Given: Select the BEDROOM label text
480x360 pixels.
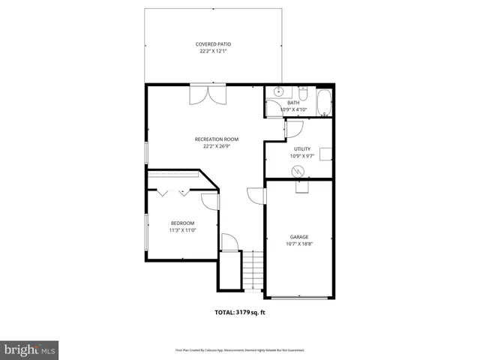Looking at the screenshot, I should click(x=182, y=223).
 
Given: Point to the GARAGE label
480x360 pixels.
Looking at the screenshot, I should click(x=299, y=236).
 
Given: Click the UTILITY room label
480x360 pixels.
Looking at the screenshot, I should click(x=302, y=149).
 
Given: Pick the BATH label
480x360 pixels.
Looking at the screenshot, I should click(x=293, y=103).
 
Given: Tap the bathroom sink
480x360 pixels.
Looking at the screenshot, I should click(x=277, y=92).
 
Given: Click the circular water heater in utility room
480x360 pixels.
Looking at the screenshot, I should click(x=298, y=172).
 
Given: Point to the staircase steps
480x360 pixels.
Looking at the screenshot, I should click(x=254, y=271).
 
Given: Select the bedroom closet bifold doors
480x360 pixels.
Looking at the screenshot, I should click(x=172, y=193).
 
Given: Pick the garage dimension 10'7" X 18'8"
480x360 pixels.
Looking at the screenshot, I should click(x=299, y=244).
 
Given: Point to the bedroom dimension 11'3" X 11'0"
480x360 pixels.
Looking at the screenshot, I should click(x=182, y=230).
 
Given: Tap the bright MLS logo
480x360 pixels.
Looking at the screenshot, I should click(x=29, y=349).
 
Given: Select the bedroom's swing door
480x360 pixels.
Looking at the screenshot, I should click(x=210, y=200).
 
